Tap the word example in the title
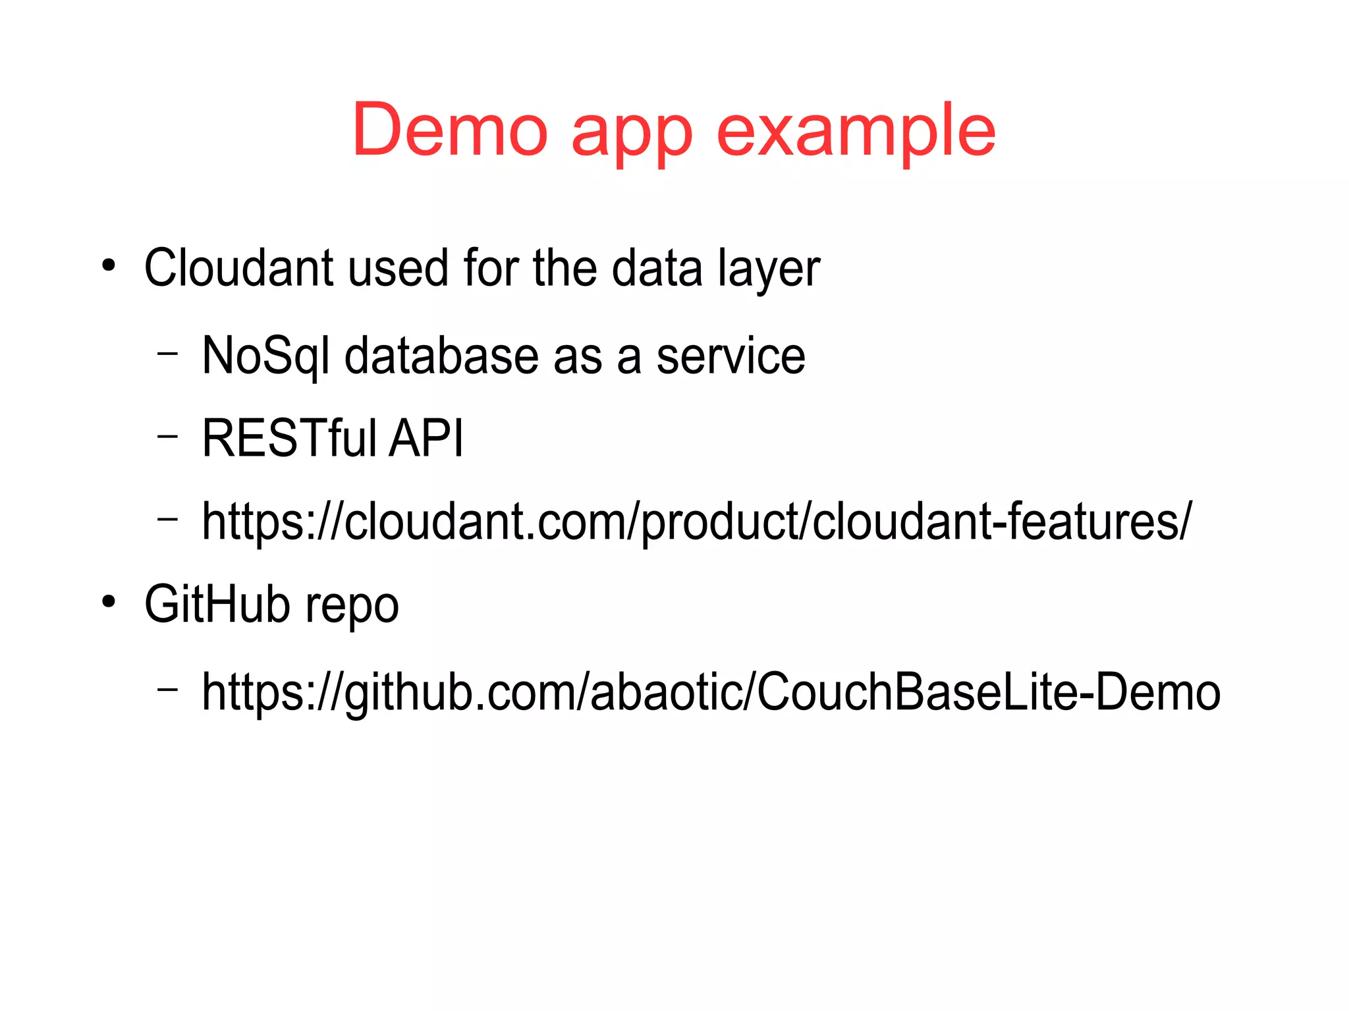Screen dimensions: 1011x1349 point(856,132)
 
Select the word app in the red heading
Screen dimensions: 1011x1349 point(632,135)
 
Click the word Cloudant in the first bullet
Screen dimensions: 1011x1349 point(238,268)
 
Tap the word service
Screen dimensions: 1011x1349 point(730,356)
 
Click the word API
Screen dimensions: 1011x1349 point(427,438)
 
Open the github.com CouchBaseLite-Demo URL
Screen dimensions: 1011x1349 point(711,692)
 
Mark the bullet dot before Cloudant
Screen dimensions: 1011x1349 point(109,266)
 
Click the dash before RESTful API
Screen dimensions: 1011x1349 point(168,435)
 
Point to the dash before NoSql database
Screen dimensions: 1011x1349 point(168,352)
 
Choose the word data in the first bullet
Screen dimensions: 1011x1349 point(657,268)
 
